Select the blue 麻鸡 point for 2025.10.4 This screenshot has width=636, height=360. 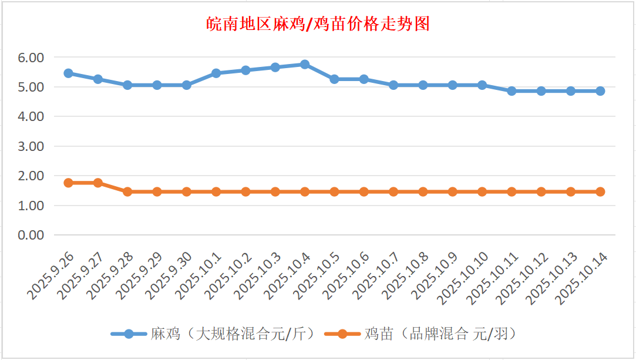pyautogui.click(x=305, y=64)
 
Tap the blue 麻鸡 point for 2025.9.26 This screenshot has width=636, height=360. pyautogui.click(x=68, y=73)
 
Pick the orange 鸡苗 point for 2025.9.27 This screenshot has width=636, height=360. pyautogui.click(x=98, y=183)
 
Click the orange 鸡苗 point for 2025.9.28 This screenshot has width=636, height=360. pyautogui.click(x=127, y=191)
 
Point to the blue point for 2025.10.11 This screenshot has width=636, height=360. pyautogui.click(x=512, y=91)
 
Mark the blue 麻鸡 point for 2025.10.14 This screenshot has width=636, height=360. pyautogui.click(x=600, y=91)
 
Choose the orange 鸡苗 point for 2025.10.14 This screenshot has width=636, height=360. pyautogui.click(x=600, y=191)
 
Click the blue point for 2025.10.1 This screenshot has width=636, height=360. pyautogui.click(x=216, y=73)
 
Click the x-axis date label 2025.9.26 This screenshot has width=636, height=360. pyautogui.click(x=52, y=274)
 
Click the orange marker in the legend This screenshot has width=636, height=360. pyautogui.click(x=341, y=334)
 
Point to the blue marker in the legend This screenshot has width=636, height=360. pyautogui.click(x=129, y=334)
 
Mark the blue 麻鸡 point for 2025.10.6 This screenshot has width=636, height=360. pyautogui.click(x=364, y=79)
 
